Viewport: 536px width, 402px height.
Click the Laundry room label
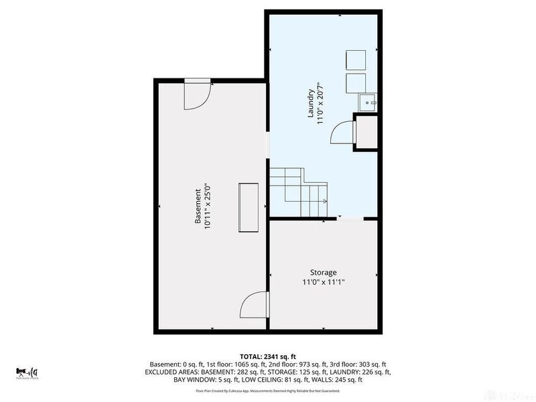[311, 104]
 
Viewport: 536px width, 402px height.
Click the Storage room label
[323, 273]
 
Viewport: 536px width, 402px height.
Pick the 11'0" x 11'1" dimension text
[323, 282]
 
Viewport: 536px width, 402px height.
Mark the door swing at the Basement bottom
[253, 306]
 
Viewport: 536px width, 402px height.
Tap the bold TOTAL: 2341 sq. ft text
[267, 356]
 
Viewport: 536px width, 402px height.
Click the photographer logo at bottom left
[27, 372]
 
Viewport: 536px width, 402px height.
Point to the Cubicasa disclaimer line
[267, 391]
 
